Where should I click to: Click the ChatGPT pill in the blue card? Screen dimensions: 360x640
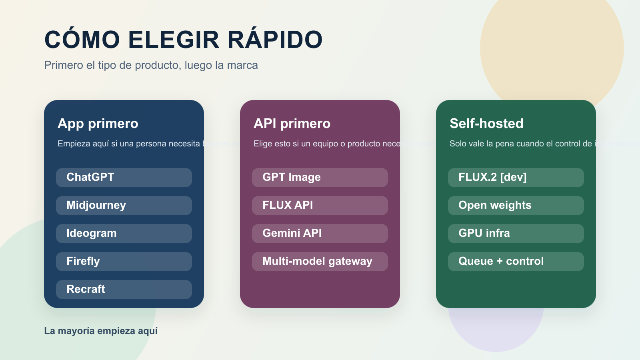point(124,177)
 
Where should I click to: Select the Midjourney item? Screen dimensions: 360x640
point(124,205)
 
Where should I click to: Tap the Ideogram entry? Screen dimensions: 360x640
point(124,233)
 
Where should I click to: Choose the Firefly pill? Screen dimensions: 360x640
point(124,261)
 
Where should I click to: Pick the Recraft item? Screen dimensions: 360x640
point(124,289)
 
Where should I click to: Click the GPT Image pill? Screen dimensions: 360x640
point(320,177)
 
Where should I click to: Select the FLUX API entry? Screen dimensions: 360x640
point(320,205)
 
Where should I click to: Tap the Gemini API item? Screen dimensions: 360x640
point(320,233)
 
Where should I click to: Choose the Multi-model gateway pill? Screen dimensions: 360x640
point(320,261)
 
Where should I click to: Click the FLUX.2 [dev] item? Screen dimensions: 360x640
point(516,177)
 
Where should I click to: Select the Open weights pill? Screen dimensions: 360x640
point(516,205)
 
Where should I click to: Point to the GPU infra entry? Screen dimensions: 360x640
point(516,233)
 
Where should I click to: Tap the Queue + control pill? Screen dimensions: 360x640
point(516,261)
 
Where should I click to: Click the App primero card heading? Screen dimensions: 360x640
point(98,124)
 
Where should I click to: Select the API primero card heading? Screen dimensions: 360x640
point(292,124)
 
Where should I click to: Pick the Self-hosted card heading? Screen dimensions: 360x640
point(486,124)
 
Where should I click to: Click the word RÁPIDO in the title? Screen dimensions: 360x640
point(275,40)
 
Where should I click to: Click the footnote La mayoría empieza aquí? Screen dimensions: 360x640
point(101,331)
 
